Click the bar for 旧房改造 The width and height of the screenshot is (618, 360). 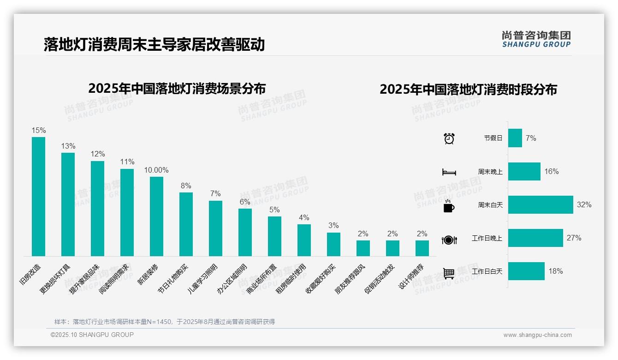point(39,197)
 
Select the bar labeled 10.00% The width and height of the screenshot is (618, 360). point(157,216)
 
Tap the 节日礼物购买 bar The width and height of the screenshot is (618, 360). point(186,224)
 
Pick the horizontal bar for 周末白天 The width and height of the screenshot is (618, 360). point(541,204)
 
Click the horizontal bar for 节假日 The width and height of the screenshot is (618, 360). point(515,138)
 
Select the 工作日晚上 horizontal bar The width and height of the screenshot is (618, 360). point(535,238)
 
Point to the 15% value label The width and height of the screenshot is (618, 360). point(39,131)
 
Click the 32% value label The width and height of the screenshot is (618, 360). point(584,204)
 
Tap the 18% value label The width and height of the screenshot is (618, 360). point(556,271)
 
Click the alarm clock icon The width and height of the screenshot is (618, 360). point(449,138)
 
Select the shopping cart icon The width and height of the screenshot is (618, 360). point(449,273)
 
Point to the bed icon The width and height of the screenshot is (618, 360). point(449,172)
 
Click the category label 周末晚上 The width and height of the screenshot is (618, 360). point(490,172)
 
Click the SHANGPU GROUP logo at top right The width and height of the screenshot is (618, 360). point(536,39)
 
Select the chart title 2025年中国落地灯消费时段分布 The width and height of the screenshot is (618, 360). point(468,89)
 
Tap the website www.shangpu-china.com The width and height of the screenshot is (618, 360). point(537,335)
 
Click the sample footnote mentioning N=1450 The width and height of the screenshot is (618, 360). point(165,322)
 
